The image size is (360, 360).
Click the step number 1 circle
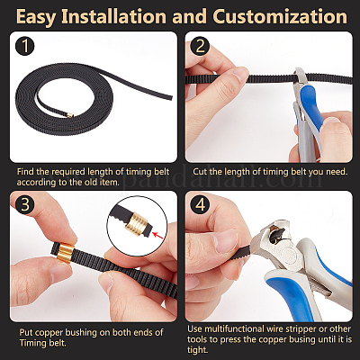click(25, 47)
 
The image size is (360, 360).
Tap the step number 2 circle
click(201, 47)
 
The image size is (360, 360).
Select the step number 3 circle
click(25, 204)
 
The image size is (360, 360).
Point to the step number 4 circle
click(201, 204)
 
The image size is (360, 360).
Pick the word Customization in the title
click(280, 16)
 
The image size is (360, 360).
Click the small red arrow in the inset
click(157, 236)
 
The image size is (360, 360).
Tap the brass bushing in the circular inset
click(137, 224)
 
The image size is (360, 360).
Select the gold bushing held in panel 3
click(66, 253)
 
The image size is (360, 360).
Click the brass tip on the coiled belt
click(70, 114)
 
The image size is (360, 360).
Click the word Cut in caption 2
click(199, 172)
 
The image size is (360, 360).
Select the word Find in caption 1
click(25, 172)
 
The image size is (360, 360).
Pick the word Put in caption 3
click(26, 332)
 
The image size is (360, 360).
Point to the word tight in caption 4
click(197, 350)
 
